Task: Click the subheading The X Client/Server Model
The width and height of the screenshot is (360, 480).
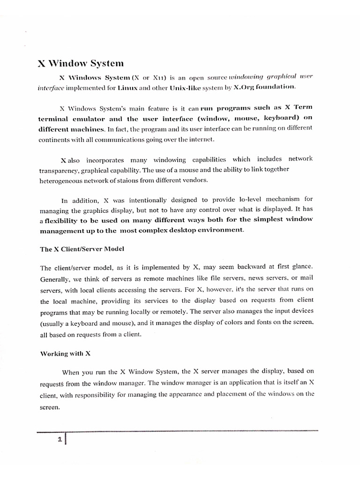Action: click(82, 249)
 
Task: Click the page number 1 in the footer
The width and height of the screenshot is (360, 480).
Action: click(60, 440)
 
